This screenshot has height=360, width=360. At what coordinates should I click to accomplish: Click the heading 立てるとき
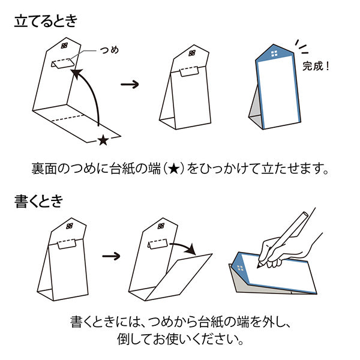coord(46,22)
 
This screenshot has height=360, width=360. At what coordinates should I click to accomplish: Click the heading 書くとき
coord(38,202)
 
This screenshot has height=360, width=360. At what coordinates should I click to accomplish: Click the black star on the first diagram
coord(103,140)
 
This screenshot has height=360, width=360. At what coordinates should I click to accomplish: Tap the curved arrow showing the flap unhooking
coord(182,246)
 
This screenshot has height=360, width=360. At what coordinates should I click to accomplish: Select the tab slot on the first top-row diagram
coord(63,62)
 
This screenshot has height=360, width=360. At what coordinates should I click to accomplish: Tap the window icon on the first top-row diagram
coord(65,45)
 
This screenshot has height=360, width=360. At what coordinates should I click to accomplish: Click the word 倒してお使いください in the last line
coord(180,340)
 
